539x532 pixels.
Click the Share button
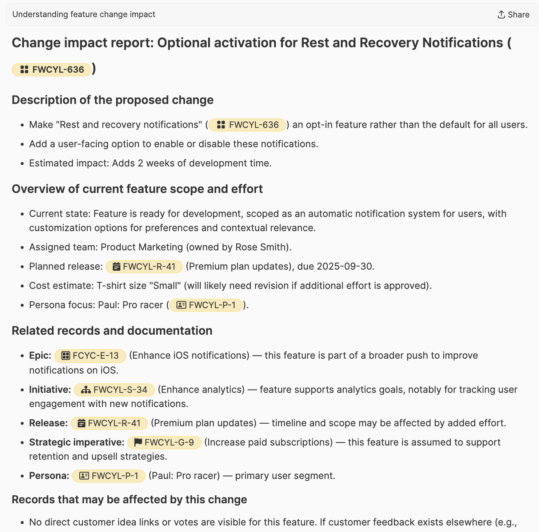(513, 15)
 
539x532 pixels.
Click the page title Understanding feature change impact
(84, 15)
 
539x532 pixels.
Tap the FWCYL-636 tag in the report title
(52, 69)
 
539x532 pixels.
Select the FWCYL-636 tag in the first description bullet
(248, 125)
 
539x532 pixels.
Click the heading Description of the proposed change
(112, 100)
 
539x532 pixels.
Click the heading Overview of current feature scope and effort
(137, 189)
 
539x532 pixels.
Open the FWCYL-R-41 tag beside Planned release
(144, 266)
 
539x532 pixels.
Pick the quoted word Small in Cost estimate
(165, 286)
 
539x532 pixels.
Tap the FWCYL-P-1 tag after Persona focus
(206, 305)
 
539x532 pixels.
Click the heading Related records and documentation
(112, 331)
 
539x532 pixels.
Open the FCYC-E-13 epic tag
(90, 356)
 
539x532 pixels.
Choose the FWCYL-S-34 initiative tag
(114, 390)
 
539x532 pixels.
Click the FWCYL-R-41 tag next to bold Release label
(109, 423)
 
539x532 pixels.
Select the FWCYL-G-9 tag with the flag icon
(164, 443)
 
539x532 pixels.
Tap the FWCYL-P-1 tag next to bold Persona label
(109, 476)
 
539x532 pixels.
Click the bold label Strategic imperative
(77, 442)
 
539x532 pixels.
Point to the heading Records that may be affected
(129, 500)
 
